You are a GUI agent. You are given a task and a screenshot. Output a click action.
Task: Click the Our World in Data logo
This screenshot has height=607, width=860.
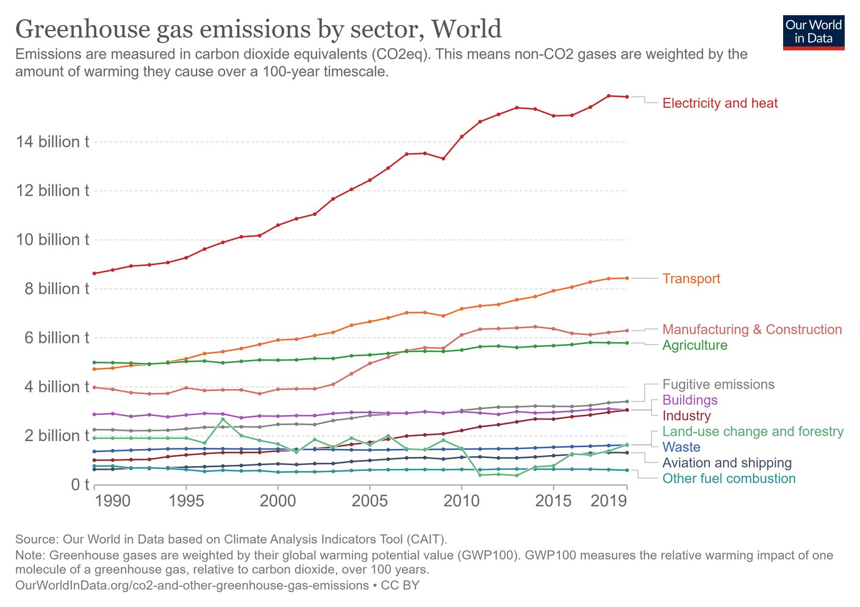(x=813, y=32)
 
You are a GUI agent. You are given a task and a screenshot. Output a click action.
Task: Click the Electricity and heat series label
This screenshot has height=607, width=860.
(x=720, y=103)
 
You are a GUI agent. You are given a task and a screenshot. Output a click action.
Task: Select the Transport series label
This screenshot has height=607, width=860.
(x=691, y=279)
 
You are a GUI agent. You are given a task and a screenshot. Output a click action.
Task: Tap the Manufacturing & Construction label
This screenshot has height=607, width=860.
(x=751, y=329)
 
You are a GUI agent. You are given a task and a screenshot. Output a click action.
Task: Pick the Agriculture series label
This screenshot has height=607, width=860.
(x=695, y=345)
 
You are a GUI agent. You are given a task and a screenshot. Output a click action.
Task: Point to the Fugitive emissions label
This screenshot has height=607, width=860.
(x=718, y=384)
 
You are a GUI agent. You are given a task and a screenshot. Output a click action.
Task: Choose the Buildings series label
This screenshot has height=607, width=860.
(x=690, y=400)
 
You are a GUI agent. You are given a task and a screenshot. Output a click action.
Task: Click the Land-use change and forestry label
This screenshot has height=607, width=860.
(x=753, y=431)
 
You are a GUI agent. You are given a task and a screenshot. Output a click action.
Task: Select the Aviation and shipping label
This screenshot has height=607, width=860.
(x=726, y=463)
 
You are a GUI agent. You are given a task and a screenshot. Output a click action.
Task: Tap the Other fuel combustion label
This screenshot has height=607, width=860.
(x=729, y=478)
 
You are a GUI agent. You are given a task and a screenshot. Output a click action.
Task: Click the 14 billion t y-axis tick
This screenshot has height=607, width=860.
(x=52, y=142)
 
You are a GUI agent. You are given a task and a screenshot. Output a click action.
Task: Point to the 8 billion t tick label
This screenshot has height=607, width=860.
(x=56, y=289)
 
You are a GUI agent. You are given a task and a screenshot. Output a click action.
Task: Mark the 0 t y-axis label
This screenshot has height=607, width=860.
(x=80, y=485)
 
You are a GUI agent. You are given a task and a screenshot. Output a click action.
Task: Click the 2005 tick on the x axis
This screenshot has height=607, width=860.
(x=370, y=501)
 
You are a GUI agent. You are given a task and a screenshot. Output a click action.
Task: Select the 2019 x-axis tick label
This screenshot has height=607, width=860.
(x=609, y=501)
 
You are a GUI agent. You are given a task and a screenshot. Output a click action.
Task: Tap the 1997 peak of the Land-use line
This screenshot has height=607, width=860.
(x=223, y=419)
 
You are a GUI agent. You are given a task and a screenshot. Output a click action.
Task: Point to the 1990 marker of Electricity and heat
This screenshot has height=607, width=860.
(x=95, y=273)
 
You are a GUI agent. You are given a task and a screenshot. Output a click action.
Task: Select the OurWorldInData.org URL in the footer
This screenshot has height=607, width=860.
(x=192, y=586)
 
